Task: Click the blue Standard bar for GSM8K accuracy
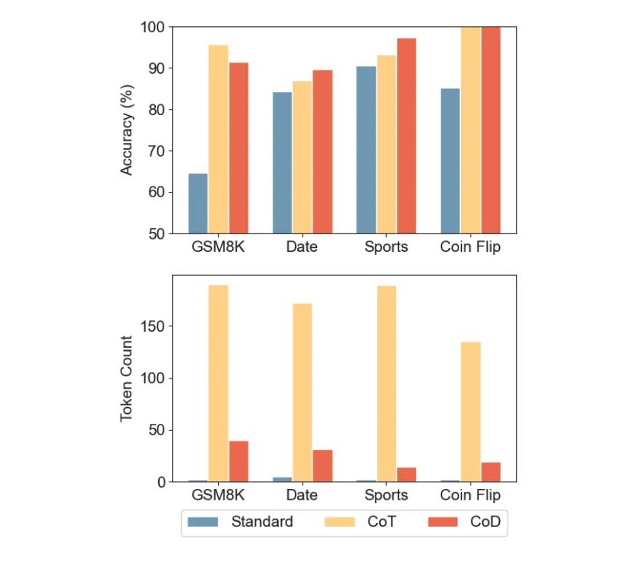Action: coord(198,203)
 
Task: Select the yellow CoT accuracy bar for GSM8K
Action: coord(218,139)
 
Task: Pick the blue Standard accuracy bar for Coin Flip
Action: coord(450,160)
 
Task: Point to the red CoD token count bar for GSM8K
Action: coord(238,461)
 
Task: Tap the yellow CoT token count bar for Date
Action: coord(302,392)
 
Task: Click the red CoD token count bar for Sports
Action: coord(406,474)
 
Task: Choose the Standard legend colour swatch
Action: coord(203,522)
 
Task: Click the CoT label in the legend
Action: coord(382,522)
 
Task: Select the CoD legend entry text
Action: coord(485,522)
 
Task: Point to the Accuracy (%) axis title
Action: coord(127,130)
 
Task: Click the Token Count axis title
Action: coord(127,379)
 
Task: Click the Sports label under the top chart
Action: coord(385,247)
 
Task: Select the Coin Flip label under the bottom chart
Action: coord(470,495)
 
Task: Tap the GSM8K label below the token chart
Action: coord(218,495)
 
